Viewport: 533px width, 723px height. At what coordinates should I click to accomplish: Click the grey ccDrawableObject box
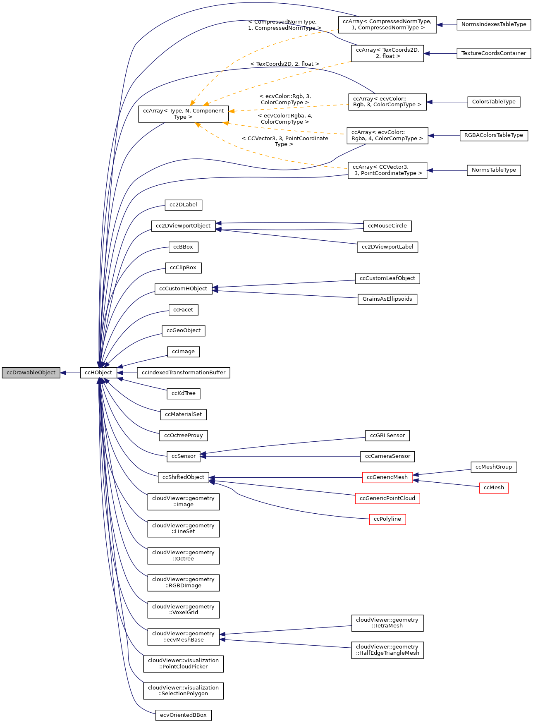(x=31, y=373)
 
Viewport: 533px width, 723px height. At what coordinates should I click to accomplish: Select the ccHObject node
(x=98, y=373)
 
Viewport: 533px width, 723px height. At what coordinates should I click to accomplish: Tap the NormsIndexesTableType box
(x=494, y=24)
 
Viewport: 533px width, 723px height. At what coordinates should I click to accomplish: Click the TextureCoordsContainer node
(x=494, y=53)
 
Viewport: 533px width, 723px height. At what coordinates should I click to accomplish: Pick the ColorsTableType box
(x=494, y=102)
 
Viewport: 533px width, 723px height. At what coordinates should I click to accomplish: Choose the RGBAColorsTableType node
(x=494, y=135)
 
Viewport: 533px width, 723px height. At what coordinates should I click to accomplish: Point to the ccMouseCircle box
(x=387, y=226)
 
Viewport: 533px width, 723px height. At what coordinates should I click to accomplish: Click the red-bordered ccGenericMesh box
(x=387, y=477)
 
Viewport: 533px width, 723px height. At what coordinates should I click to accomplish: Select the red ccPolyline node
(x=387, y=519)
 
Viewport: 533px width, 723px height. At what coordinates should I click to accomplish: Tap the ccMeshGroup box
(x=494, y=467)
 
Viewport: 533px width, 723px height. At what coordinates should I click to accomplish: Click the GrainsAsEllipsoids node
(x=387, y=299)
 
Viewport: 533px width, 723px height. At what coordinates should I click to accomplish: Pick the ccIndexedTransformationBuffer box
(x=184, y=373)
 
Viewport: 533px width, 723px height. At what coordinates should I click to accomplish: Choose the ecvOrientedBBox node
(x=183, y=715)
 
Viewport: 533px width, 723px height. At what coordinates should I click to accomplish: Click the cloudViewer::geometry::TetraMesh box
(x=387, y=623)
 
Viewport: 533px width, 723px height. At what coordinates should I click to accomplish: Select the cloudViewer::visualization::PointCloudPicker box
(x=183, y=663)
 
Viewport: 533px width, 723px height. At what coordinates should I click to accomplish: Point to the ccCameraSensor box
(x=387, y=456)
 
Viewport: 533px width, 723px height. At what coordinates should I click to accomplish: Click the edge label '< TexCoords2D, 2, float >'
(x=284, y=64)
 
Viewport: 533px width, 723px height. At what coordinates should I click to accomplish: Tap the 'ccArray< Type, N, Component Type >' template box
(x=183, y=114)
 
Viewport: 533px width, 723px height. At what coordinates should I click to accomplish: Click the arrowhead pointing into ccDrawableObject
(x=63, y=373)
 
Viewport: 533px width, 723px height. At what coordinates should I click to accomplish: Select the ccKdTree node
(x=183, y=393)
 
